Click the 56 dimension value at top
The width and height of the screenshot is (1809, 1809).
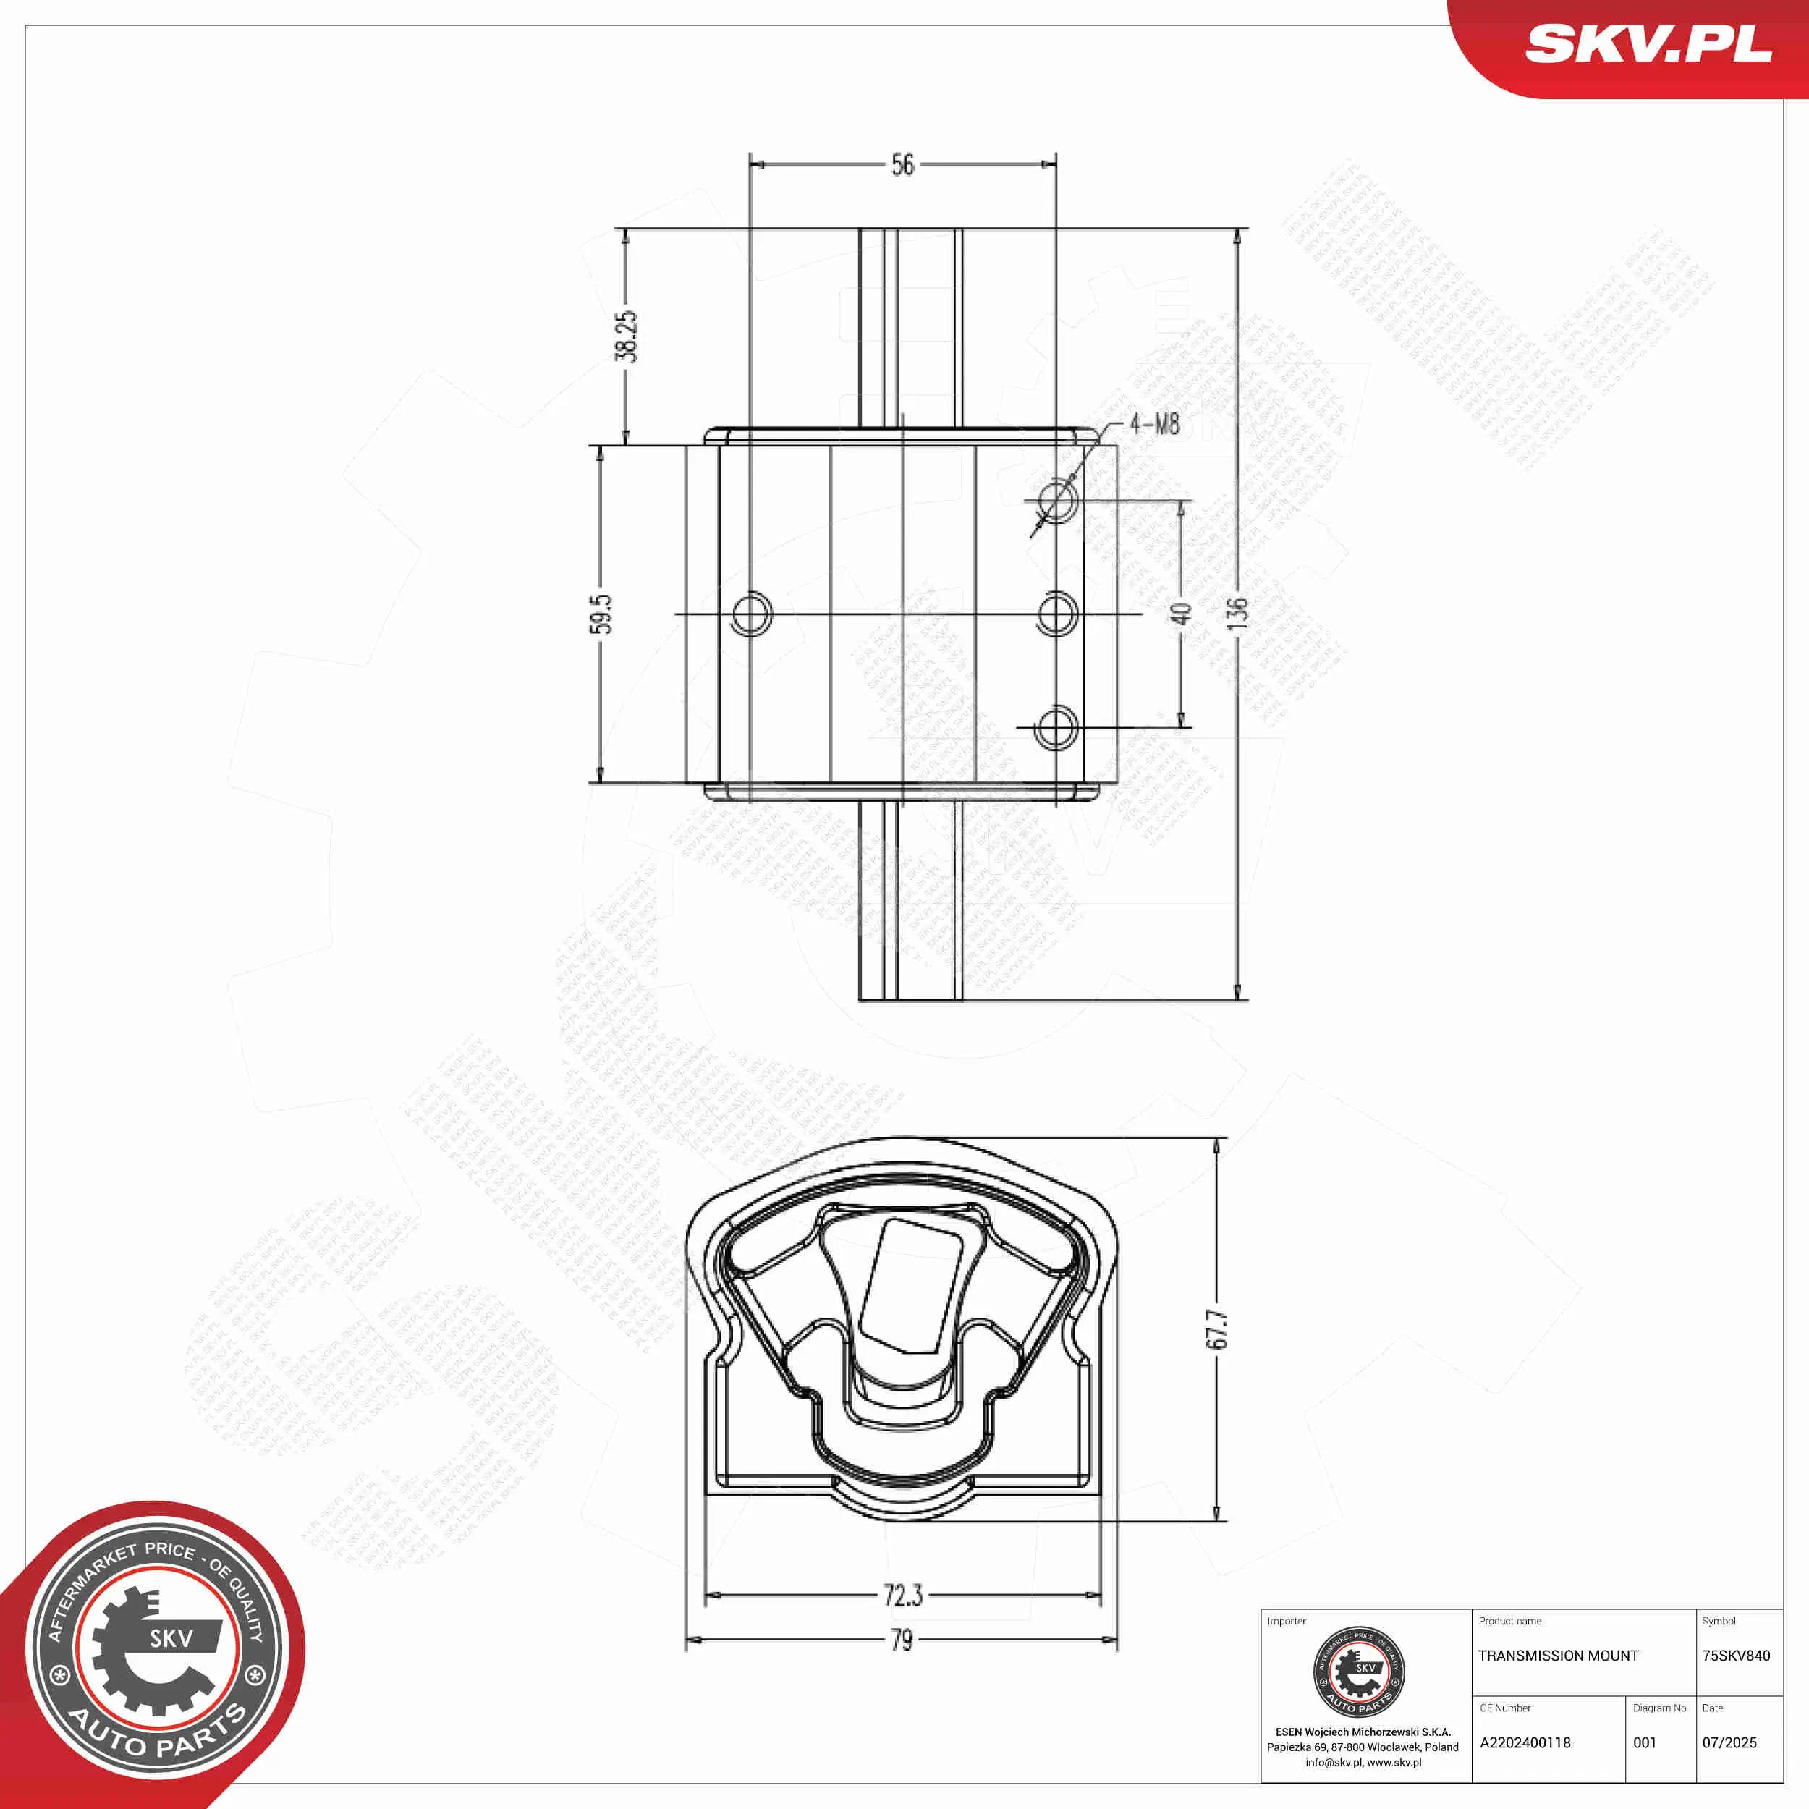pyautogui.click(x=902, y=165)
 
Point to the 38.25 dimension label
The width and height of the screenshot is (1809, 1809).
pyautogui.click(x=625, y=336)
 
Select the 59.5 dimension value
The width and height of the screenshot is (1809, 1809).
pyautogui.click(x=600, y=614)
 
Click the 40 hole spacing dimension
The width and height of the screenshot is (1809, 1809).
pyautogui.click(x=1181, y=614)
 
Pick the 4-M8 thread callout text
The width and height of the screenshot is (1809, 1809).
pyautogui.click(x=1153, y=424)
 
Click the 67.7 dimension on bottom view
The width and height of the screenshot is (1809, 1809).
pyautogui.click(x=1216, y=1329)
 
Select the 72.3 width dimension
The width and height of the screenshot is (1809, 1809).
pyautogui.click(x=902, y=1595)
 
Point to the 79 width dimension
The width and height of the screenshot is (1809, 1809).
pyautogui.click(x=902, y=1640)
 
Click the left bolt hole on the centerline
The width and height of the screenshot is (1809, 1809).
pyautogui.click(x=751, y=614)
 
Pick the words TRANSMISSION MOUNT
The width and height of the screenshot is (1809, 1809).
pyautogui.click(x=1558, y=1656)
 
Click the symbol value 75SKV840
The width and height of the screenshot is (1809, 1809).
pyautogui.click(x=1736, y=1656)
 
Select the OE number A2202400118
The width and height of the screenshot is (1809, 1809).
pyautogui.click(x=1525, y=1742)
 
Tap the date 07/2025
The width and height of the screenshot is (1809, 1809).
pyautogui.click(x=1729, y=1742)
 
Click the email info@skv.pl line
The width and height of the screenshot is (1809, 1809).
pyautogui.click(x=1363, y=1762)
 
